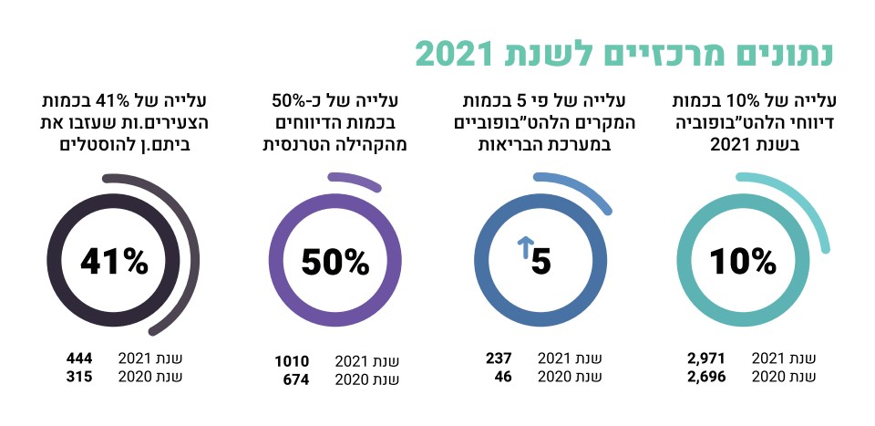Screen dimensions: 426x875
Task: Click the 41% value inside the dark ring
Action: point(114,263)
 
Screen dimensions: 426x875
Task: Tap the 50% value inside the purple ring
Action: point(335,263)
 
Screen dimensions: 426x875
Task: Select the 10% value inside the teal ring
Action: point(743,263)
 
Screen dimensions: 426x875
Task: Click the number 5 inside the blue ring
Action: point(541,263)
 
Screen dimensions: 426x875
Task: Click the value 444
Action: point(79,358)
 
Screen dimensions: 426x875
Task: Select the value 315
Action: point(79,377)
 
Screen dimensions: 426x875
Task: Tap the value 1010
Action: point(292,360)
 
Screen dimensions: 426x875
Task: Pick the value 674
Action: point(294,379)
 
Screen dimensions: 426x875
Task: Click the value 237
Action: point(498,358)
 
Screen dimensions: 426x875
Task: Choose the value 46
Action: point(502,377)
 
